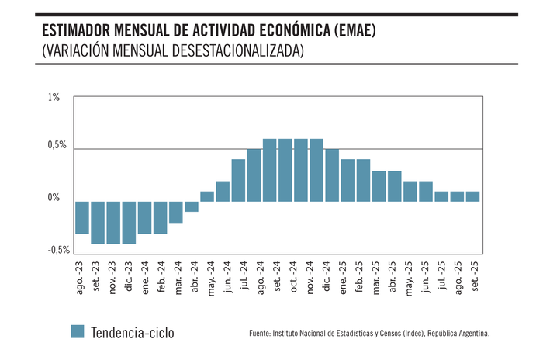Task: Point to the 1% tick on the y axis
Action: (54, 98)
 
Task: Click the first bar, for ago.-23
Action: (81, 217)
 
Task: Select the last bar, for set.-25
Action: (472, 196)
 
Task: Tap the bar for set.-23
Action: (97, 223)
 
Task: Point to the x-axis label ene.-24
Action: (144, 276)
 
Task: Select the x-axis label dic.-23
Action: (129, 275)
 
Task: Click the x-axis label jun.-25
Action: (426, 275)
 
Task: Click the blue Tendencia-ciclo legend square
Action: (77, 332)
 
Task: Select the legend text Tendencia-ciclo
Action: (133, 333)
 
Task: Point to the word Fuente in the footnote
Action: (261, 334)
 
